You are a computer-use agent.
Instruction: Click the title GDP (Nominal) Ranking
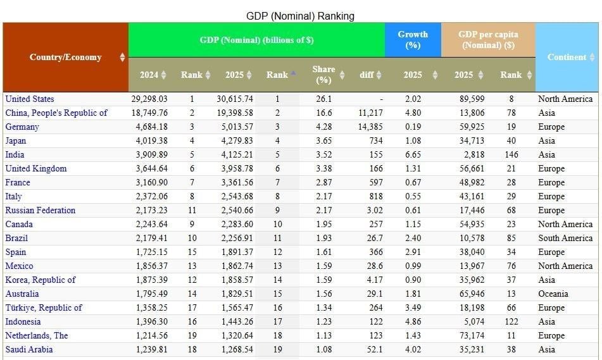[x=300, y=16]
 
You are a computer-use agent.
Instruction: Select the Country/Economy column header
[x=65, y=57]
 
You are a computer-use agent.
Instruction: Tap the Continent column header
[x=567, y=57]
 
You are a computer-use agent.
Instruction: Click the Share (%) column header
[x=323, y=75]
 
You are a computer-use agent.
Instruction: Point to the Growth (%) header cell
[x=413, y=39]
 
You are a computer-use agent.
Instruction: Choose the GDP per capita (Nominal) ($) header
[x=488, y=39]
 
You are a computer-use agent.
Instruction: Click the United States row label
[x=30, y=99]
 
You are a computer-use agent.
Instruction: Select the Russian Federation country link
[x=40, y=210]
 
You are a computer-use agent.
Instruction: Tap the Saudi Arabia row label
[x=29, y=349]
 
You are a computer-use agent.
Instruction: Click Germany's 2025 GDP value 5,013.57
[x=237, y=127]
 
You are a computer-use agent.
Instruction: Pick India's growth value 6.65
[x=413, y=154]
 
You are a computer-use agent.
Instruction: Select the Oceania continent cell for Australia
[x=553, y=294]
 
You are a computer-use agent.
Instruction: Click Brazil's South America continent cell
[x=565, y=238]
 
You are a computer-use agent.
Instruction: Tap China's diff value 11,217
[x=370, y=113]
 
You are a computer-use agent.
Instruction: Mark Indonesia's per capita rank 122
[x=511, y=321]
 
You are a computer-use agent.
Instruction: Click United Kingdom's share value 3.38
[x=323, y=168]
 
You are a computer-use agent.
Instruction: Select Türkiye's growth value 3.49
[x=413, y=307]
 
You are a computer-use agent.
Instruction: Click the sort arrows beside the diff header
[x=379, y=75]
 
